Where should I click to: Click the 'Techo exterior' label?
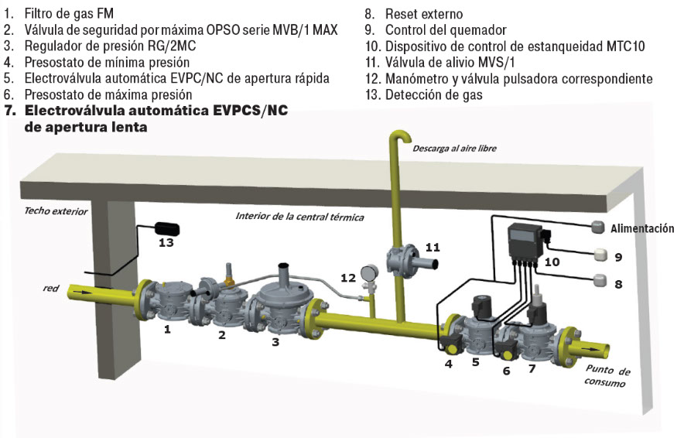[56, 210]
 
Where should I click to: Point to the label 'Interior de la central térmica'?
[299, 216]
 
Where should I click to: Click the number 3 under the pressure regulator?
[275, 340]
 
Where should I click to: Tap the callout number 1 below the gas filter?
[166, 328]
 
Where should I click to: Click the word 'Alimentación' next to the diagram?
[642, 229]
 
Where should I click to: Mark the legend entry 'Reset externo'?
[424, 13]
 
